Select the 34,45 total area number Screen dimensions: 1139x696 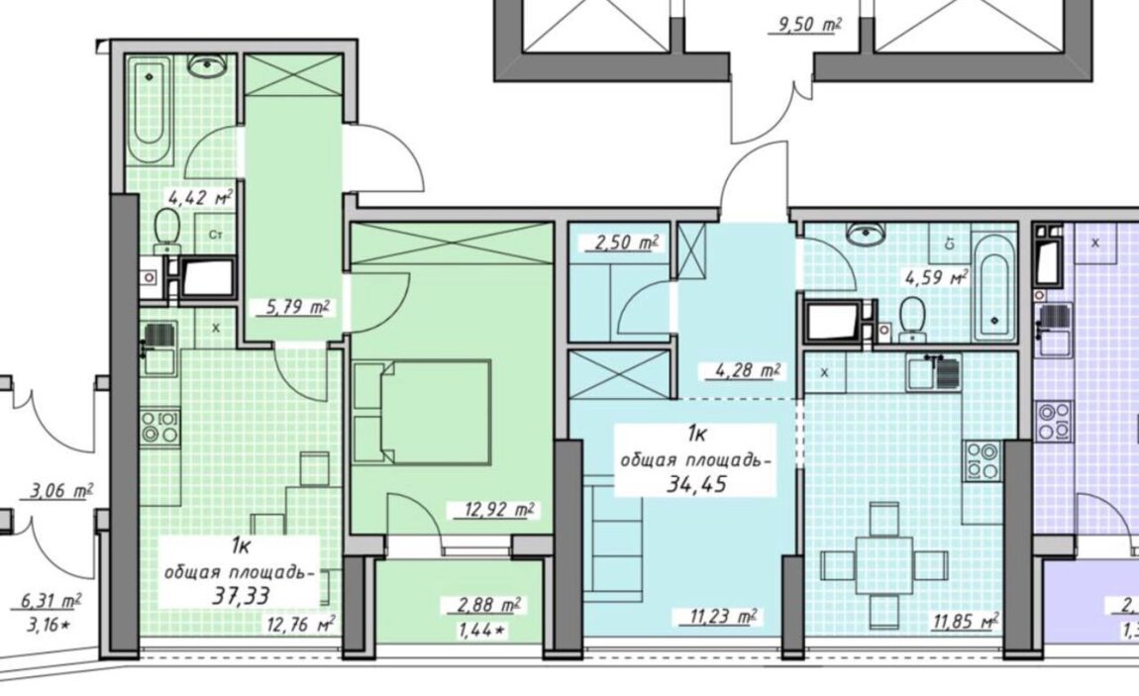696,484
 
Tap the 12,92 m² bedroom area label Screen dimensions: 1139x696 500,510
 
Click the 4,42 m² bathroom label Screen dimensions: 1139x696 200,197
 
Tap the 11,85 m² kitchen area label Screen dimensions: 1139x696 964,621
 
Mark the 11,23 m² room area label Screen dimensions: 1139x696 719,617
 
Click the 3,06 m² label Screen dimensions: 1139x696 61,492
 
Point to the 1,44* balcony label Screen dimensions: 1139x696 481,632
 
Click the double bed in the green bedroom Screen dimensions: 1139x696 421,412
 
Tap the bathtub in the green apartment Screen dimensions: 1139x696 152,110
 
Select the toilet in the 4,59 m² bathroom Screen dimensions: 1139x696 911,320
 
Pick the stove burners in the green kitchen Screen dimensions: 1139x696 159,428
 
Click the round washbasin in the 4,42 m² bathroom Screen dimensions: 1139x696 208,66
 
